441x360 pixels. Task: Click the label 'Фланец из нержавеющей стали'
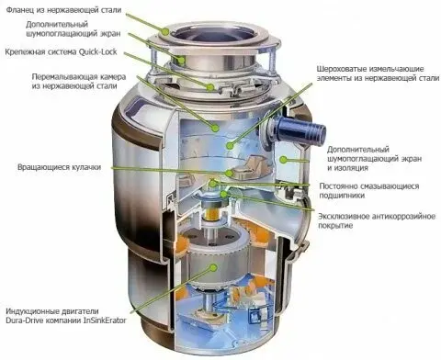63,10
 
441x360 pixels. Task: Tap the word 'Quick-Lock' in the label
98,51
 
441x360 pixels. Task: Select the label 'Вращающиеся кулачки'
60,167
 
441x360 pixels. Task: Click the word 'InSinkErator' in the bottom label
105,321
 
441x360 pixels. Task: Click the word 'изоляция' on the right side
351,168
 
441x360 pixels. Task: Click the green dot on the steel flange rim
166,31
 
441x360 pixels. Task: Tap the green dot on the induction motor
213,267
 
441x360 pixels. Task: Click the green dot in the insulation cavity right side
283,159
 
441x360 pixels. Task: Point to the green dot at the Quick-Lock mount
210,87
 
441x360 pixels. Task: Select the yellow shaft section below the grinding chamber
212,213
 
